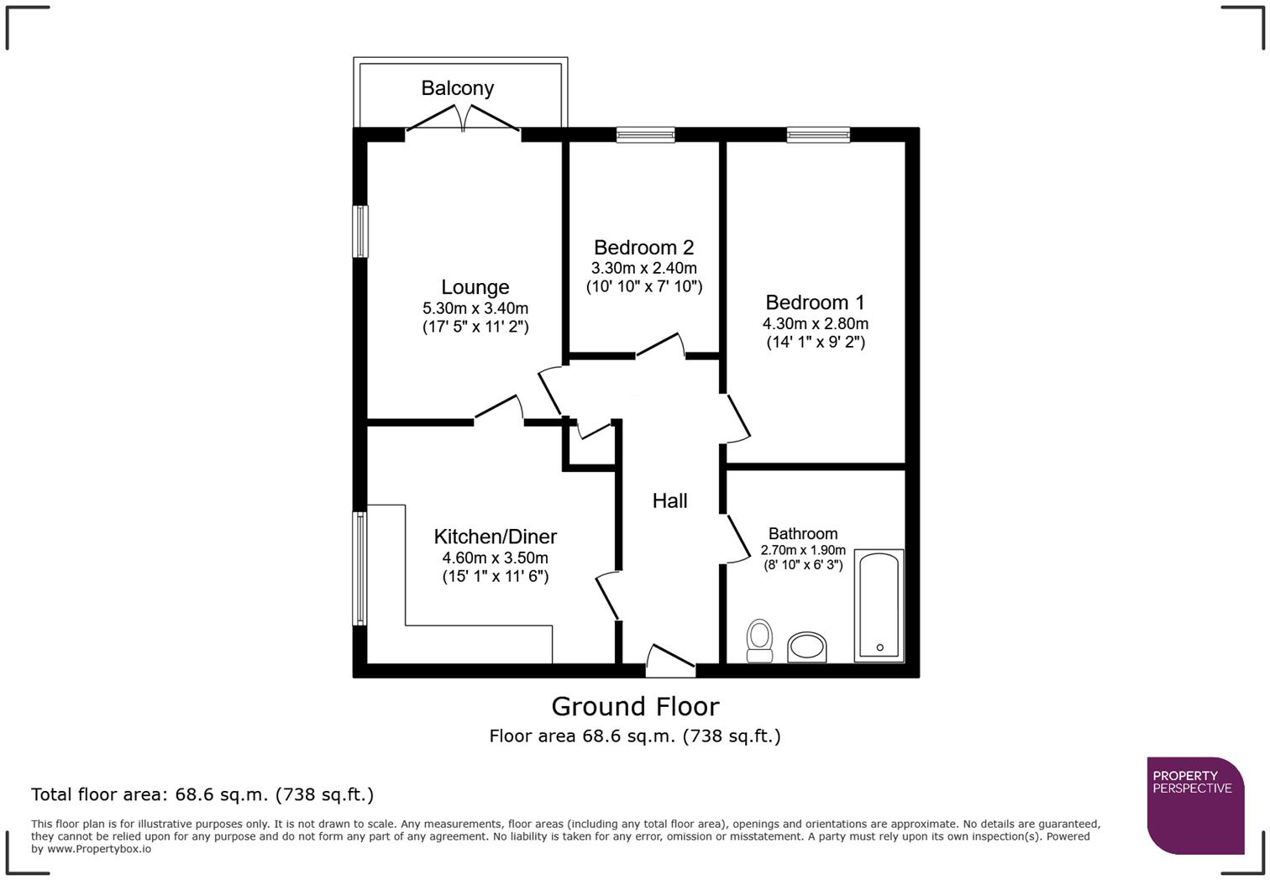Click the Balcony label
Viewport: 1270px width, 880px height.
(457, 88)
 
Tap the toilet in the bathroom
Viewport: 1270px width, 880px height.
(759, 641)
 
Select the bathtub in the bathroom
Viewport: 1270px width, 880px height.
(879, 605)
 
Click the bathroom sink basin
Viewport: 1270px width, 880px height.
(807, 647)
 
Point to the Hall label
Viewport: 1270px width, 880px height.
(669, 501)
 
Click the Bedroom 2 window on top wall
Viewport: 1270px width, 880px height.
(645, 134)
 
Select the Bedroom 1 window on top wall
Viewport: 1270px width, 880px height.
(818, 134)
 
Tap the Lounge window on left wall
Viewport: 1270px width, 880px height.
(360, 231)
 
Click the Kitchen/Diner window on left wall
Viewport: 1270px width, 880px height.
(360, 568)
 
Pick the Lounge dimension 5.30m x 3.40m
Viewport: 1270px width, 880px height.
(475, 308)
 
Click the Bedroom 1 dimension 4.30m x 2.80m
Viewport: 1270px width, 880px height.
(815, 323)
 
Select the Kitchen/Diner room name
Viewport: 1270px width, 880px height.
(495, 537)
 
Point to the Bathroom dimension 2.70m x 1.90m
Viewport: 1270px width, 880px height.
(803, 550)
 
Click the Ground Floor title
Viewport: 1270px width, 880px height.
(635, 706)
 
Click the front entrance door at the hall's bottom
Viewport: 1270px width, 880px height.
(670, 661)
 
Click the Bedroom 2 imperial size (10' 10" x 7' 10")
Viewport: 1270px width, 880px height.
(644, 286)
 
